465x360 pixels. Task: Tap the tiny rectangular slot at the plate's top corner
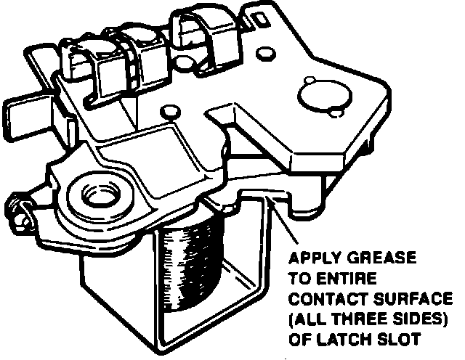(259, 15)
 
